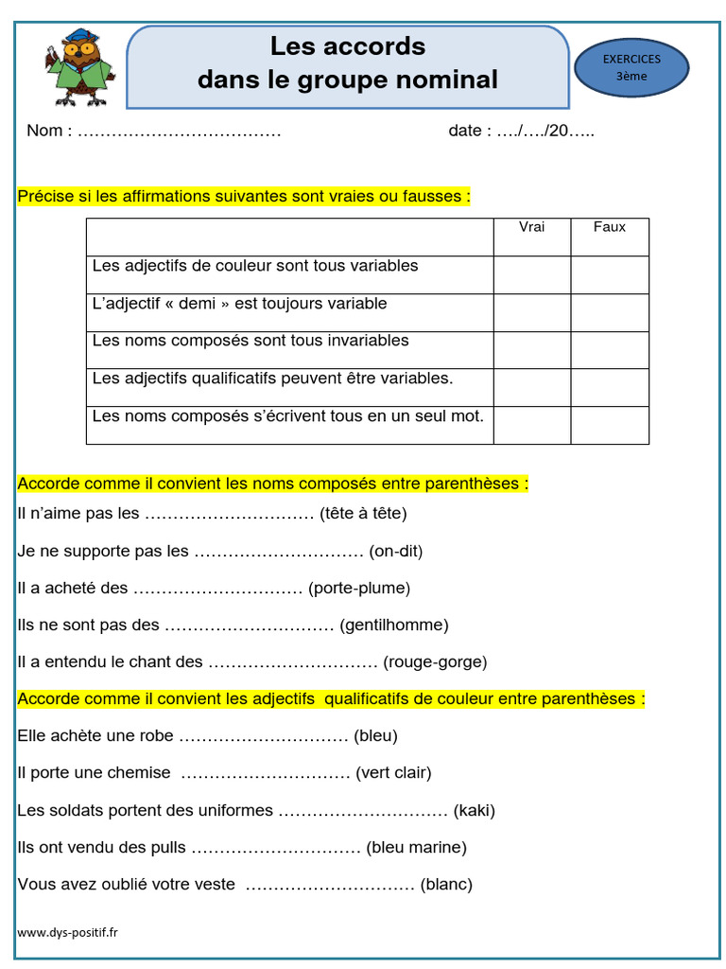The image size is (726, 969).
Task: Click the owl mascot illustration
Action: (x=78, y=68)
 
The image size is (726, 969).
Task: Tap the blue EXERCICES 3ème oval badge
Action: (x=631, y=68)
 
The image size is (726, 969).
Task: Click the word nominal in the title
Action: (x=446, y=79)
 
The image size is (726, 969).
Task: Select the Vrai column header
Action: (x=532, y=227)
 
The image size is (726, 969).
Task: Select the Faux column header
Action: (x=610, y=227)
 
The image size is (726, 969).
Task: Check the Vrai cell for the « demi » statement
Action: (x=532, y=312)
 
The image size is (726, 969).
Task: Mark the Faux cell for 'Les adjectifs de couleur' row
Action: (x=610, y=274)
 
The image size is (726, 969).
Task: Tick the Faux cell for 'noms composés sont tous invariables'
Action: (x=610, y=350)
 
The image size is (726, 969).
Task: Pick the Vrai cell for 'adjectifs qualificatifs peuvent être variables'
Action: (x=532, y=387)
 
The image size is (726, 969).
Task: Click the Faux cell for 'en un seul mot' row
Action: (x=610, y=425)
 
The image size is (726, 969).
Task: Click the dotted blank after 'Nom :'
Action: (x=179, y=132)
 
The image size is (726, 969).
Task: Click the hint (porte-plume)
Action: (x=359, y=589)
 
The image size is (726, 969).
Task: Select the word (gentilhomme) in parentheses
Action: (x=394, y=625)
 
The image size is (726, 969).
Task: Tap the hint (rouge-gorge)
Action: (x=435, y=662)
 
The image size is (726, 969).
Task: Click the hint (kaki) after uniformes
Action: (x=475, y=811)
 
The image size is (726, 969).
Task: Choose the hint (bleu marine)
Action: (x=416, y=848)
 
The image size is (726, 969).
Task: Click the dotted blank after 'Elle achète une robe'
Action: (x=264, y=737)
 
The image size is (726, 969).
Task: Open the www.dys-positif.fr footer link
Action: (x=68, y=932)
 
